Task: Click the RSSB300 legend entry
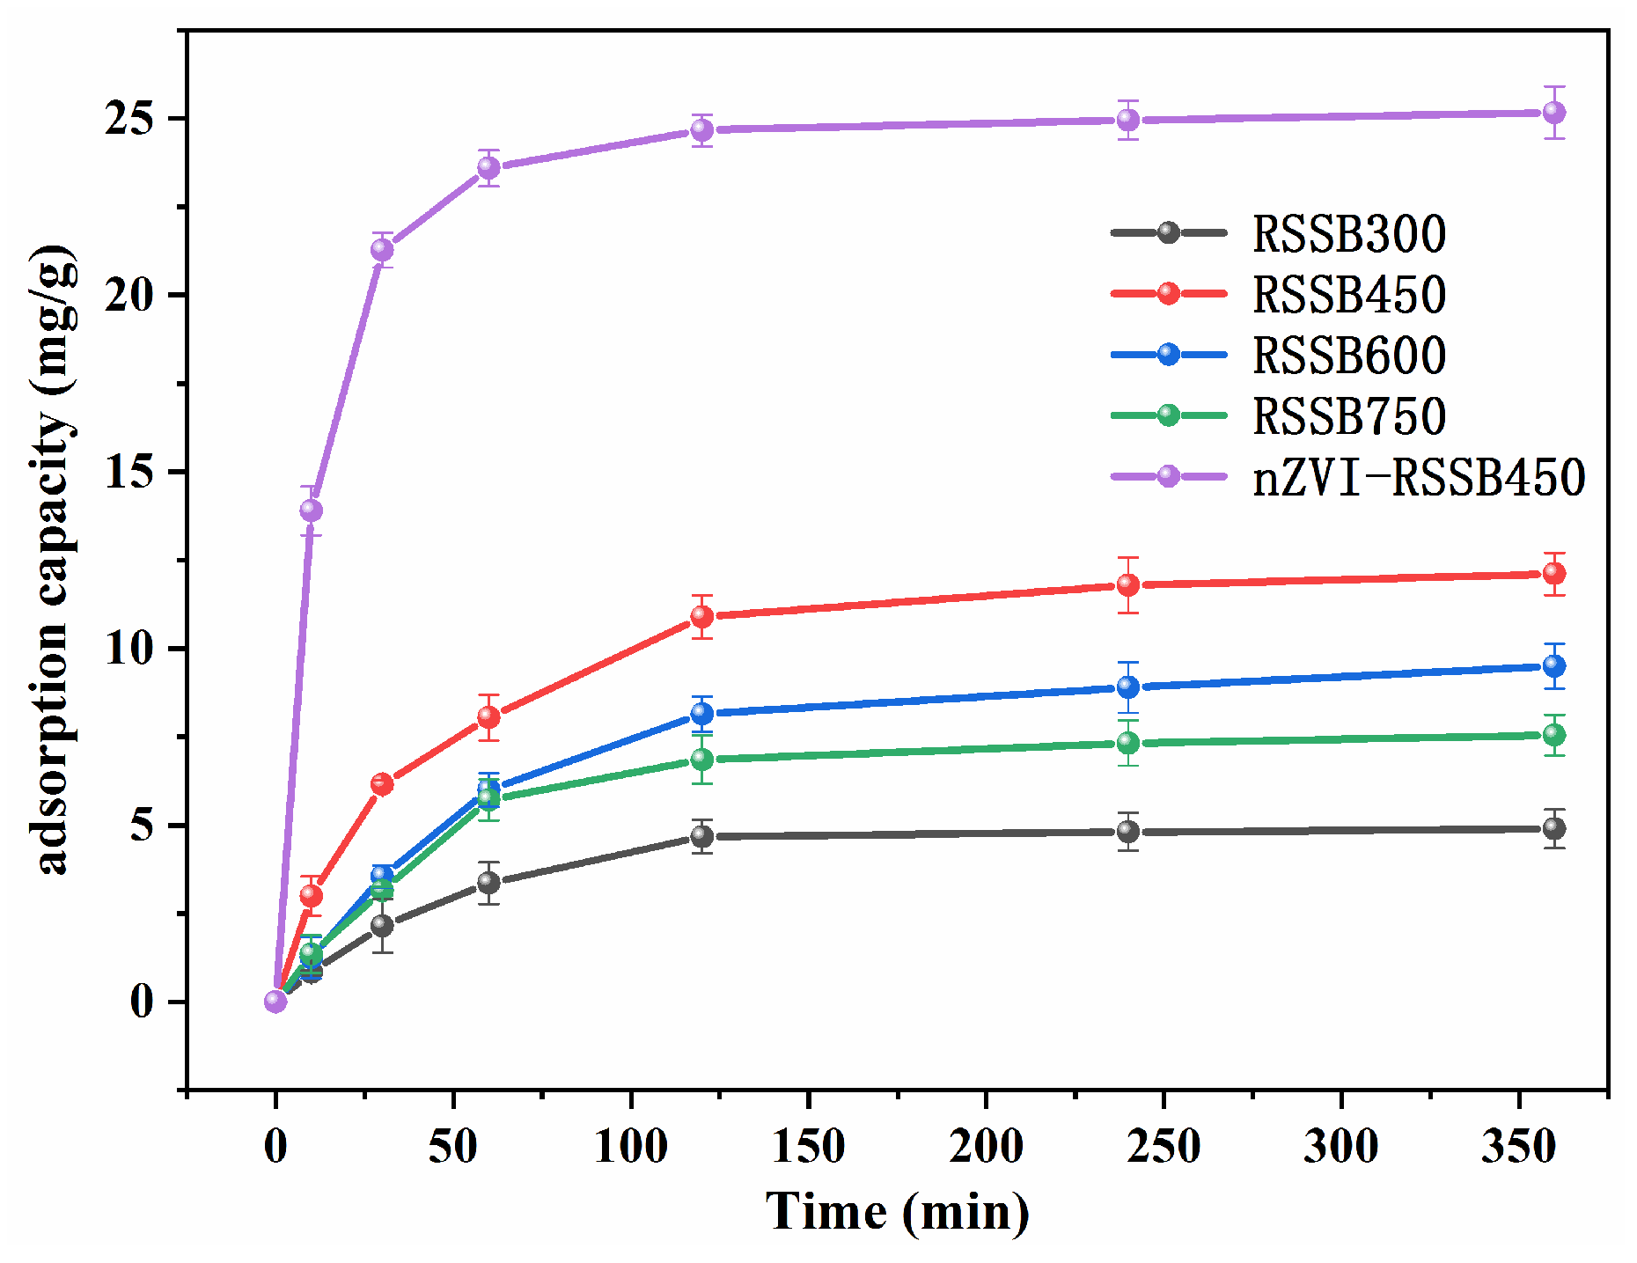click(1348, 234)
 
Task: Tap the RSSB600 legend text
click(1348, 356)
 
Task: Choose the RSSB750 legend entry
click(1348, 416)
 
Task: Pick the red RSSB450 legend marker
click(1168, 293)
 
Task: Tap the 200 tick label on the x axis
click(986, 1146)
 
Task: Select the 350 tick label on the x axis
click(1518, 1146)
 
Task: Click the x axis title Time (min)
click(897, 1212)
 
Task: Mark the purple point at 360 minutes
click(1554, 113)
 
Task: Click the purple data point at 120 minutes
click(701, 130)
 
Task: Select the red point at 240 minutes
click(1128, 585)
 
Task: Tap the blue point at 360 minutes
click(1554, 665)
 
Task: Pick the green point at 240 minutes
click(1128, 743)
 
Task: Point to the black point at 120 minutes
click(701, 836)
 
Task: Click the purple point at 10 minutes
click(311, 510)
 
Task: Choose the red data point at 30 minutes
click(382, 783)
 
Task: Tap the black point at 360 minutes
click(1554, 828)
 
